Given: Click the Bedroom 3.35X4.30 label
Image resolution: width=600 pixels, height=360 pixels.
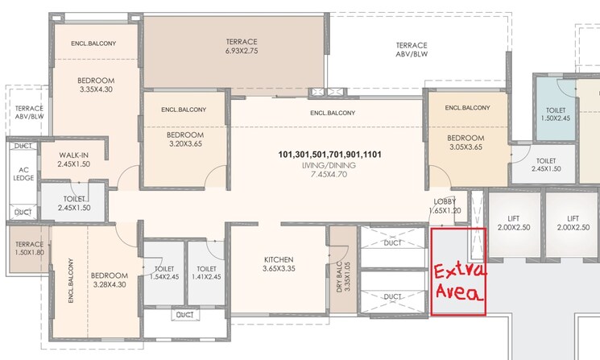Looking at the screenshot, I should coord(96,85).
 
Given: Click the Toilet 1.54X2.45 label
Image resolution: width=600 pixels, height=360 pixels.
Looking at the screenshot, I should coord(163,274).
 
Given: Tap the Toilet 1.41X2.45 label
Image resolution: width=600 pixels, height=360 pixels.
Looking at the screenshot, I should coord(206,274).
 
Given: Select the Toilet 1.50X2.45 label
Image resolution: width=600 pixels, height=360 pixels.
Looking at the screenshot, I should coord(557,114).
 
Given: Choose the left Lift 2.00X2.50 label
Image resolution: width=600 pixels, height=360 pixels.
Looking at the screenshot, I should coord(513,223).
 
